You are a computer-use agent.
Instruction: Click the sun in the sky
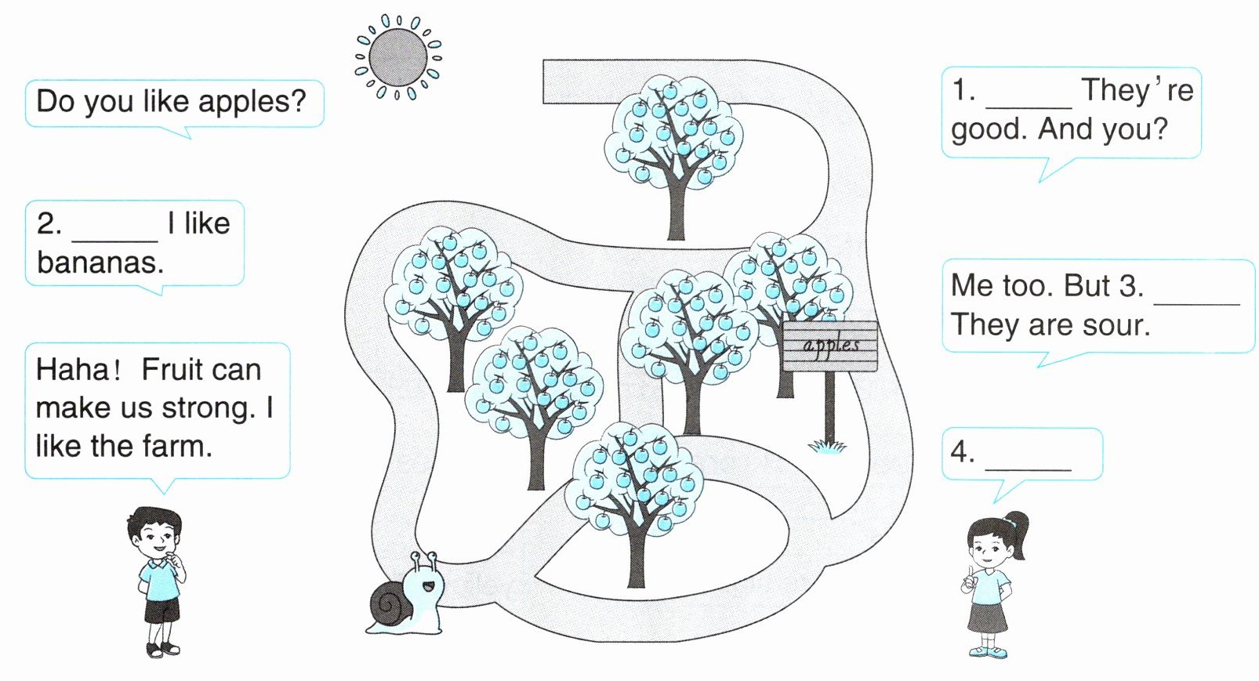(x=397, y=57)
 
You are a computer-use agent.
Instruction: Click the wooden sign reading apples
(x=830, y=346)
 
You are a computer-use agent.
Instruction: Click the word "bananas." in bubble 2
(x=100, y=263)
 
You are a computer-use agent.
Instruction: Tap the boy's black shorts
(x=161, y=610)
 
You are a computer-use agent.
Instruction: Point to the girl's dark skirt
(x=987, y=615)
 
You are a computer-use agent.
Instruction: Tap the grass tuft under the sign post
(x=827, y=446)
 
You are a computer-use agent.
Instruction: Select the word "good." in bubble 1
(x=989, y=129)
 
